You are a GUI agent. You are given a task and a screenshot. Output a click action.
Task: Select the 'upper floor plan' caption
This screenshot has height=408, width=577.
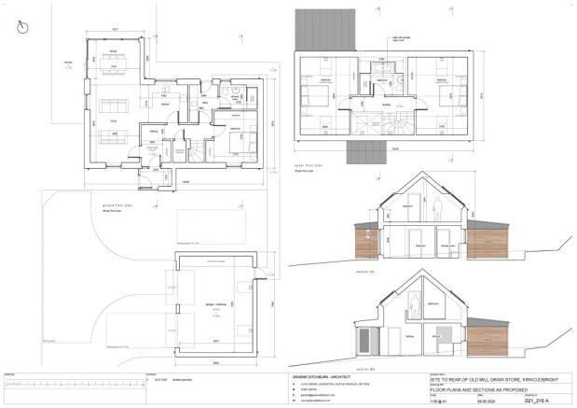307,167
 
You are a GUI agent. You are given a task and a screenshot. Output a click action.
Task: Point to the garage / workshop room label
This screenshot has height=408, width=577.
215,304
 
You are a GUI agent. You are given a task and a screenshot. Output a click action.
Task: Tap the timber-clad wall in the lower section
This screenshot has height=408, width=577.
485,335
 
